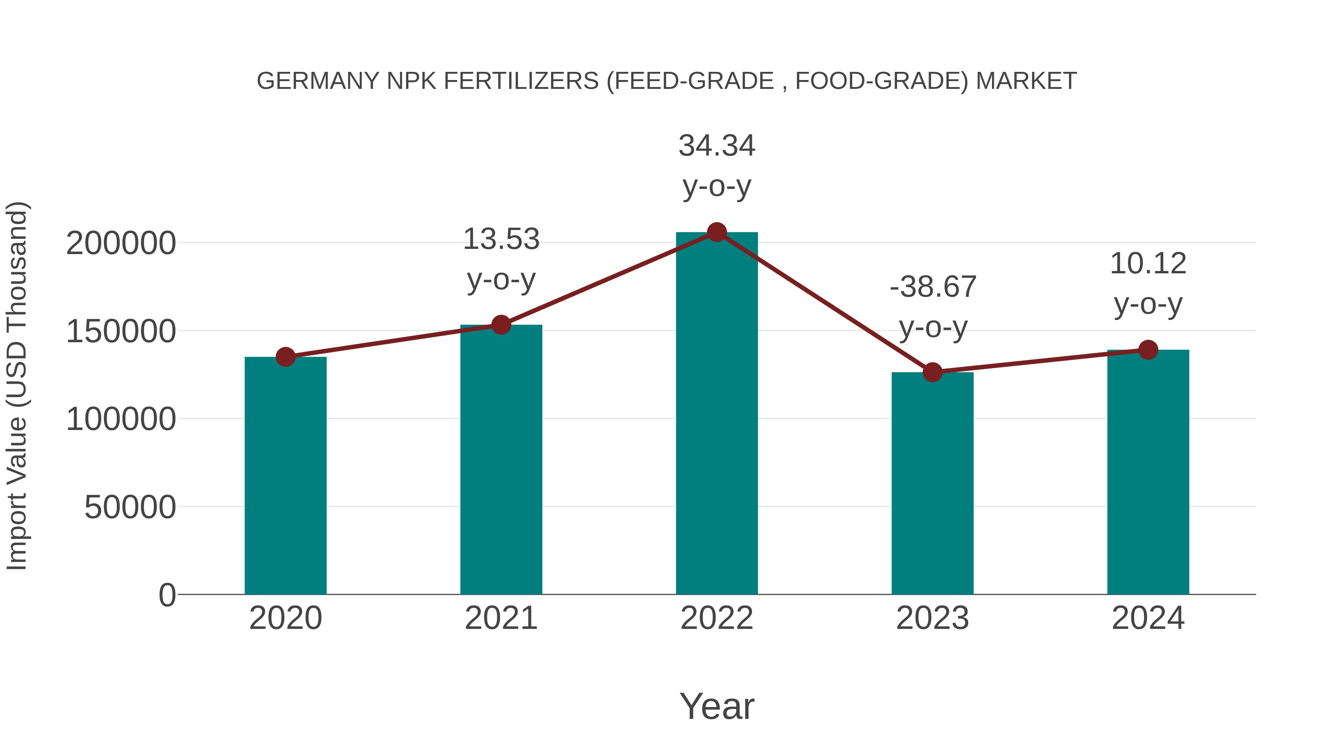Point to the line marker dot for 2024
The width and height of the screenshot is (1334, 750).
[x=1148, y=350]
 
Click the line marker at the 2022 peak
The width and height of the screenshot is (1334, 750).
[x=717, y=232]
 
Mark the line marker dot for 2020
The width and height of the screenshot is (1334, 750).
[x=285, y=357]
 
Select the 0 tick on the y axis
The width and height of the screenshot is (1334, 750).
[x=167, y=595]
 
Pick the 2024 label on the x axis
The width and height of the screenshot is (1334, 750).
[x=1148, y=618]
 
